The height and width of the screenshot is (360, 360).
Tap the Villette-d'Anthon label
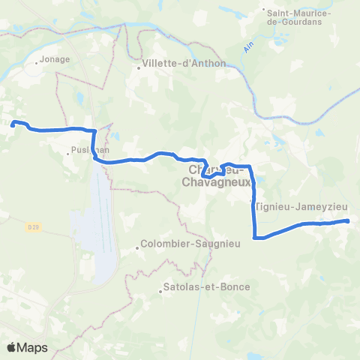click(x=184, y=63)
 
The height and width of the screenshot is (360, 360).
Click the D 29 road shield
click(x=31, y=226)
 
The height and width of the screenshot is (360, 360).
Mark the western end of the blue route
click(x=13, y=124)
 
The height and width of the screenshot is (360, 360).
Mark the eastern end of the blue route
click(x=348, y=220)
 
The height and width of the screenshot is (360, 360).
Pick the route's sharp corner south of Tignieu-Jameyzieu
click(x=257, y=238)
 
